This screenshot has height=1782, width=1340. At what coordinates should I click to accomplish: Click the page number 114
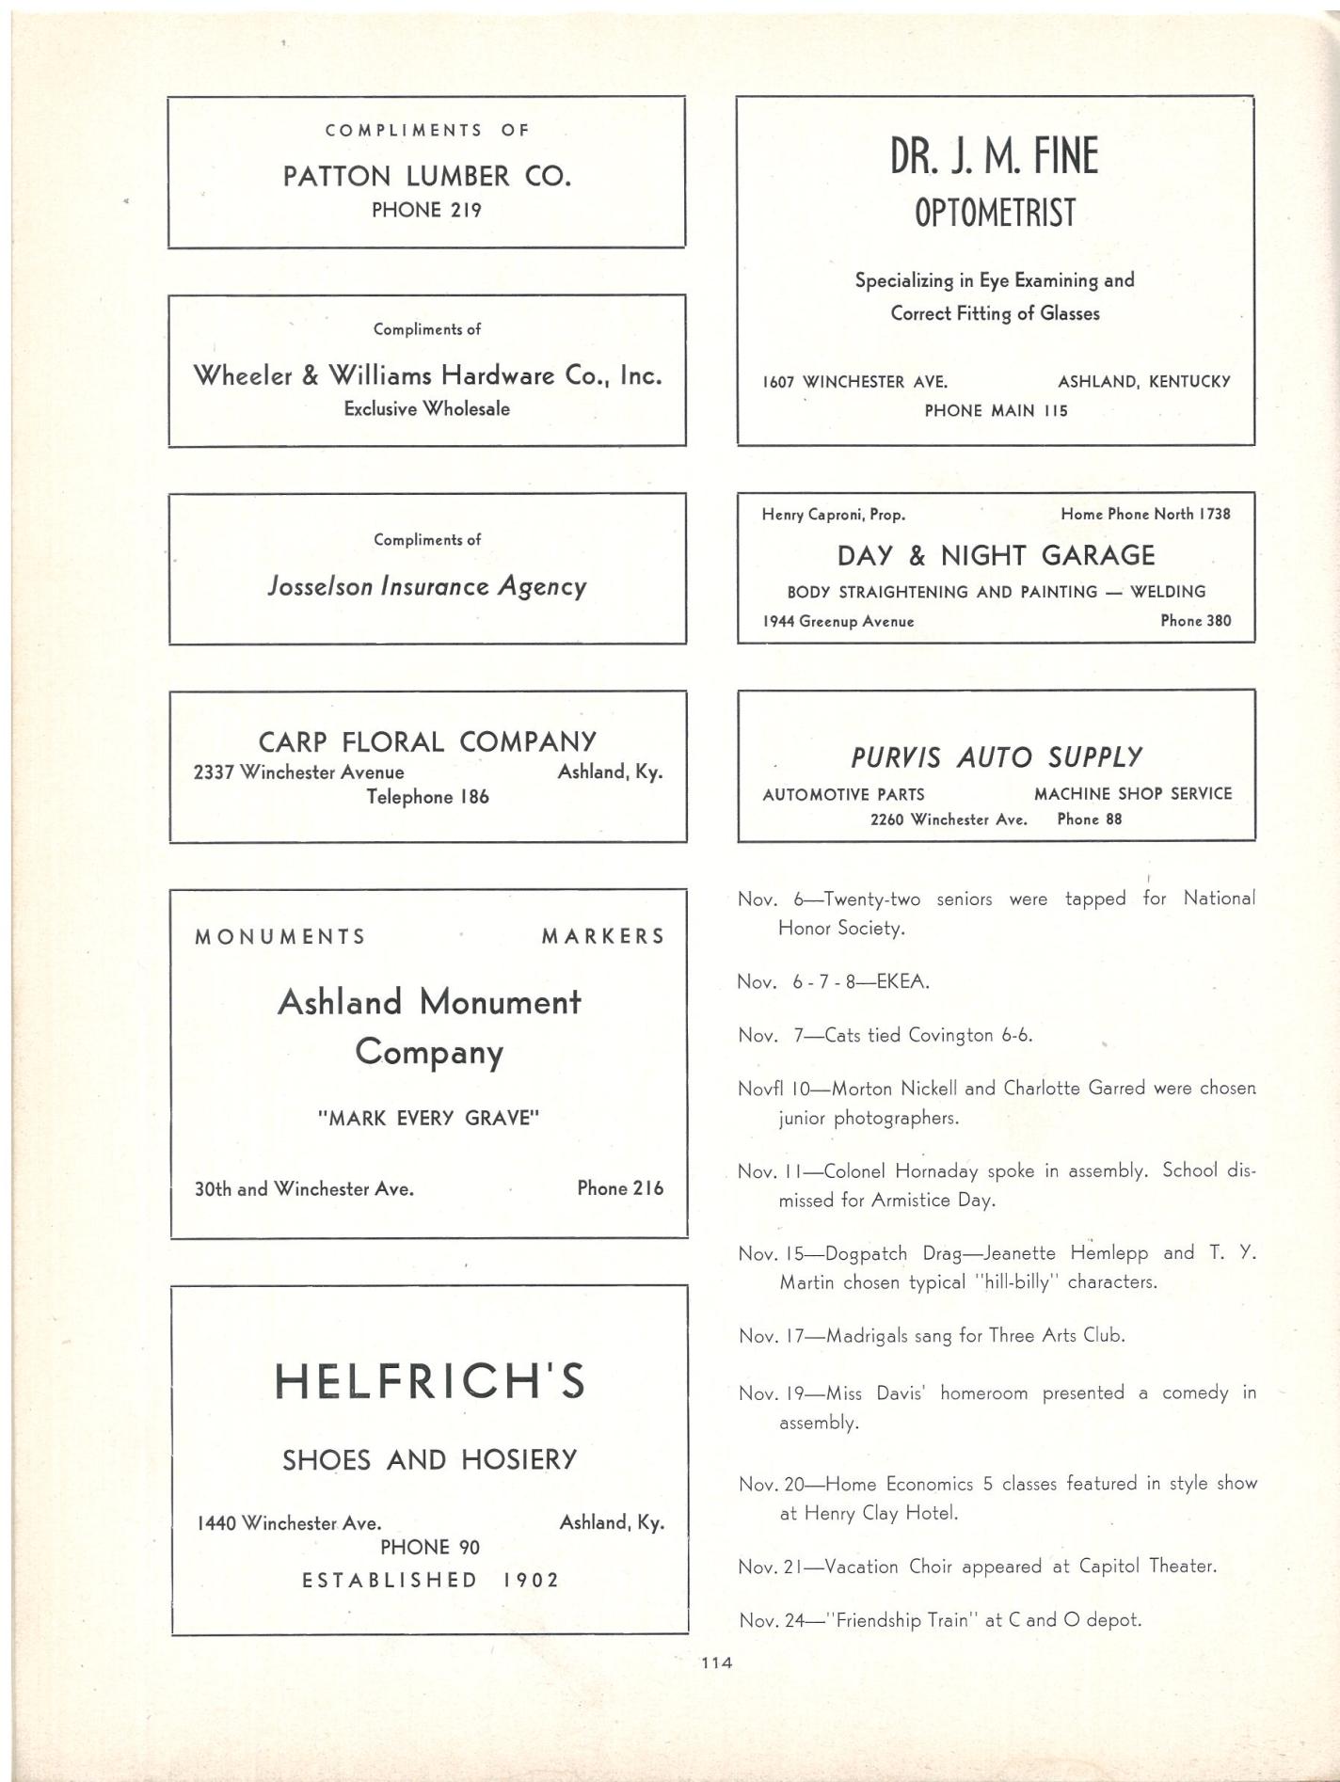716,1663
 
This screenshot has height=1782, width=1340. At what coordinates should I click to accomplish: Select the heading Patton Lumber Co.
426,176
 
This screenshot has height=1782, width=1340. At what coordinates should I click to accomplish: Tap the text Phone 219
426,210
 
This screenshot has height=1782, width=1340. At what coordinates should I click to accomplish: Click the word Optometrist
995,214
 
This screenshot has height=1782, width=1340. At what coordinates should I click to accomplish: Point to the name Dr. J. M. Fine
995,156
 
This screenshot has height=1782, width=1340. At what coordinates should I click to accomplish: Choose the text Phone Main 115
996,410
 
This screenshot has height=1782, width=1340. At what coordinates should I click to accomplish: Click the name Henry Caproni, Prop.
833,515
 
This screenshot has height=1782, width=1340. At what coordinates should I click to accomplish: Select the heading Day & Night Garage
996,555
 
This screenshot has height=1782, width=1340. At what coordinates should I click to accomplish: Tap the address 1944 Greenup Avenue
837,621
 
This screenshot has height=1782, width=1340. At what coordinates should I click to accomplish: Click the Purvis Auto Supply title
996,757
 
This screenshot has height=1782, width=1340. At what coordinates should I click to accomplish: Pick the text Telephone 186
427,797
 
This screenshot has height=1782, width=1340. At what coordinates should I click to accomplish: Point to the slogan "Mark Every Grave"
428,1118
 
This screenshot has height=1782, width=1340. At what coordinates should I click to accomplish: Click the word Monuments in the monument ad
279,936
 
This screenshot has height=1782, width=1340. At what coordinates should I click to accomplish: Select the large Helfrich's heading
429,1381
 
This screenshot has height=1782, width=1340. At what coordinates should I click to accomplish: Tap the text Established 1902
430,1580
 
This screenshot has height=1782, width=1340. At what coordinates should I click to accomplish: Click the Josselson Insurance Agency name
426,587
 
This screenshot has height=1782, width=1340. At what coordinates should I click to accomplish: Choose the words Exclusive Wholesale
426,408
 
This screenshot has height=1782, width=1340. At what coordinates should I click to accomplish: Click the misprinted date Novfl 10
774,1089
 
